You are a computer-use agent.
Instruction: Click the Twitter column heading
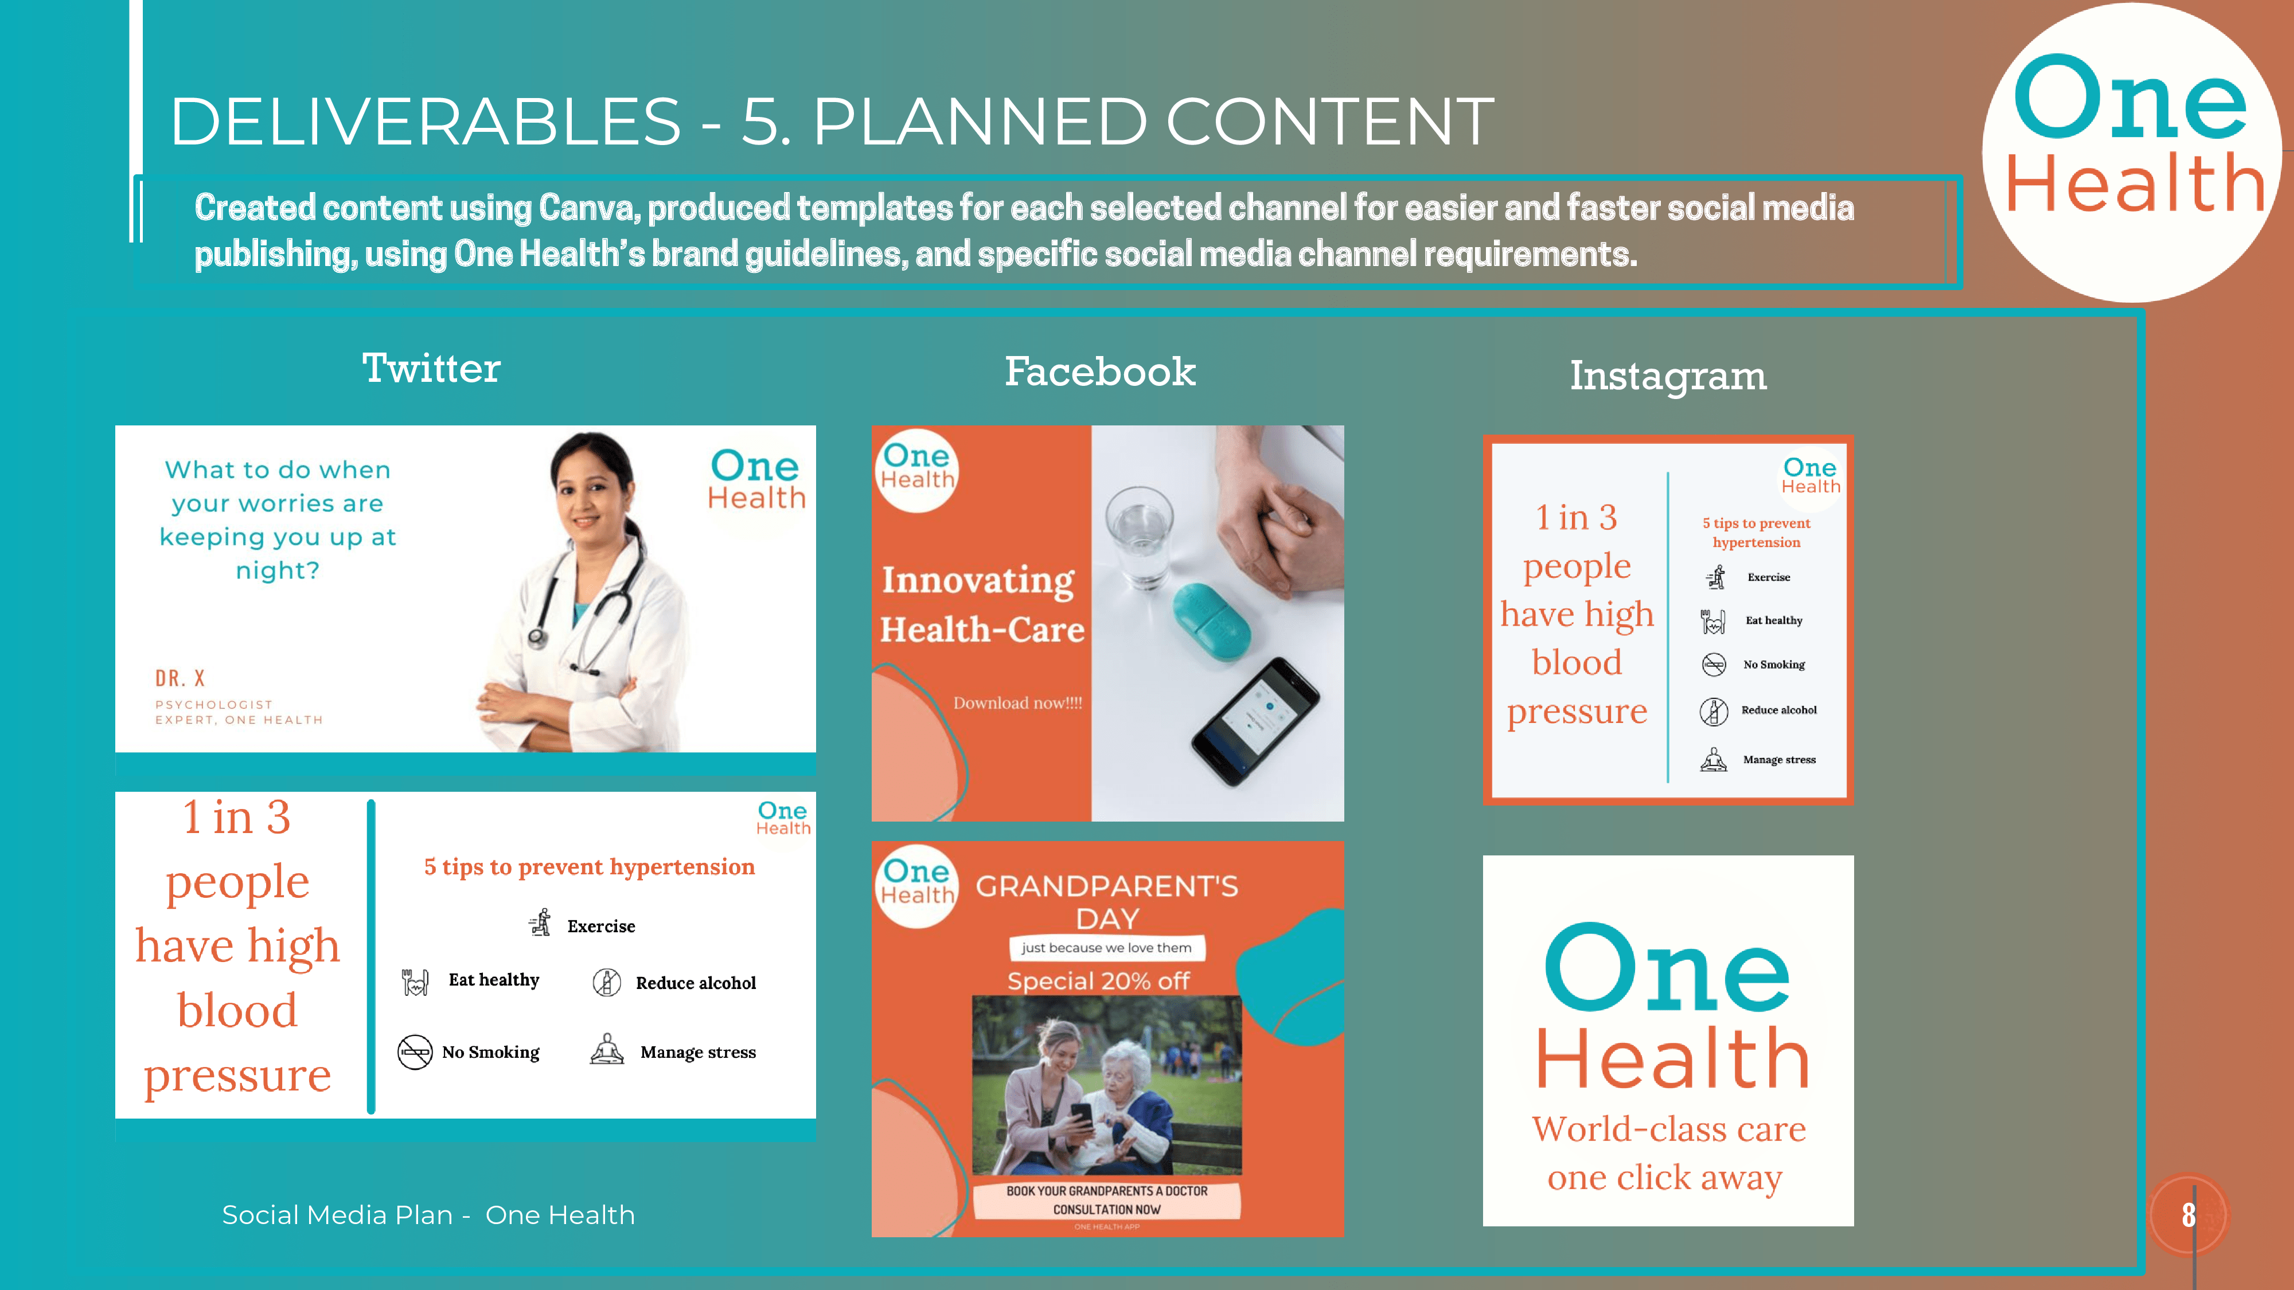click(431, 368)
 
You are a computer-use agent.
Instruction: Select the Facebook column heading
click(1100, 372)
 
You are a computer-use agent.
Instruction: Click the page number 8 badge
click(2188, 1214)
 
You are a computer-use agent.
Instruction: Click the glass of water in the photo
click(1140, 534)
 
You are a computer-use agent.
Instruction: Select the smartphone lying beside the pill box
click(1255, 721)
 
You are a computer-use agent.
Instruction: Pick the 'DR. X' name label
click(180, 678)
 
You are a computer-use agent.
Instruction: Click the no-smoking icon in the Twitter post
click(415, 1052)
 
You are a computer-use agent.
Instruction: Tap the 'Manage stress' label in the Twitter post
click(698, 1052)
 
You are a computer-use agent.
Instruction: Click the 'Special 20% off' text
click(1098, 981)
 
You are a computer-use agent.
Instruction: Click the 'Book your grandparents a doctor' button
click(1107, 1200)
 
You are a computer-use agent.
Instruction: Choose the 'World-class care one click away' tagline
click(1668, 1153)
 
